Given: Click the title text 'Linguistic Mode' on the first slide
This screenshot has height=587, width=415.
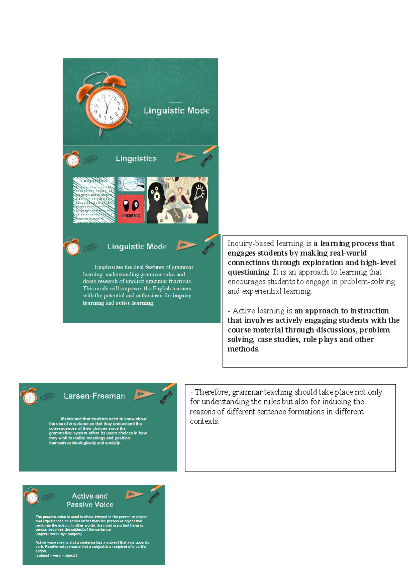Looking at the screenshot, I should coord(176,111).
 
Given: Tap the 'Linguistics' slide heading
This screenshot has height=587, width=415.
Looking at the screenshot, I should coord(136,159).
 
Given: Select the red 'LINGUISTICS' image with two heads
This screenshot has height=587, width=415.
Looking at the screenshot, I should coord(131,209).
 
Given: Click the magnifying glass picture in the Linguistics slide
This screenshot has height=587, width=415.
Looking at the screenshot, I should coord(131,184).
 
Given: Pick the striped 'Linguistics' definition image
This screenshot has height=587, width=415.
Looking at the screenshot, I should coord(94,200).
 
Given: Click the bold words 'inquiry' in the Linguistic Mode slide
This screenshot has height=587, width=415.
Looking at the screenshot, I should coord(182,296).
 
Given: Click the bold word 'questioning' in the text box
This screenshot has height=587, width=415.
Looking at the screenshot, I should coord(248,272).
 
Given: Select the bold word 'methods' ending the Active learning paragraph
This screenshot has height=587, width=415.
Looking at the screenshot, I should coord(242,349).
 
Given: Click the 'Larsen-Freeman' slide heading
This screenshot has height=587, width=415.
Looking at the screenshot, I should coord(94,396).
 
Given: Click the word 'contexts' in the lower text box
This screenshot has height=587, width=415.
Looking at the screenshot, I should coord(204,421).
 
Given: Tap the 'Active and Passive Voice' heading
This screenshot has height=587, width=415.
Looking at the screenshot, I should coord(90,500).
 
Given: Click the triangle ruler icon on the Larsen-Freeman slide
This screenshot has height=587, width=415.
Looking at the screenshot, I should coord(144,395).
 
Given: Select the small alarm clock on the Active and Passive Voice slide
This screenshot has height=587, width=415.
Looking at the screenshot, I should coord(31,497).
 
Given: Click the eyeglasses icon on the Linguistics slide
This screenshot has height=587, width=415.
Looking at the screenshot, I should coord(207,160).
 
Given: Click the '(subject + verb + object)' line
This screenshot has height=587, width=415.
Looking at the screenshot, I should coord(56,556).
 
